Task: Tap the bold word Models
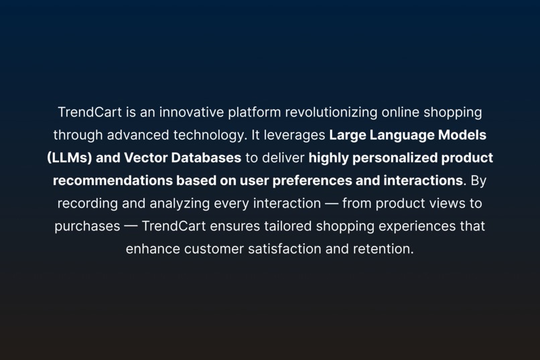pyautogui.click(x=462, y=135)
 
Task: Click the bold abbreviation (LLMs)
pyautogui.click(x=70, y=158)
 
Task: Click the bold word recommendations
pyautogui.click(x=112, y=180)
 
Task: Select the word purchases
pyautogui.click(x=87, y=226)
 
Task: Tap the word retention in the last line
pyautogui.click(x=383, y=249)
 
